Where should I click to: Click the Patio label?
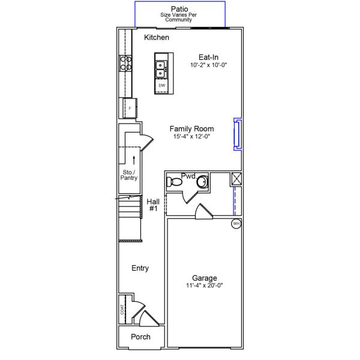[x=179, y=9]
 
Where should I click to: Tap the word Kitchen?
[x=157, y=37]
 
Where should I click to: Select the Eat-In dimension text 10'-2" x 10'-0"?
[x=208, y=65]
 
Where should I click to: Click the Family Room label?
[x=192, y=128]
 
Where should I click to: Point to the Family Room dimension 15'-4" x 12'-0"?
[x=192, y=136]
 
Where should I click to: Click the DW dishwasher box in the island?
[x=161, y=86]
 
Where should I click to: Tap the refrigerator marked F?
[x=130, y=108]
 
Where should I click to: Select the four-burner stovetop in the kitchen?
[x=125, y=63]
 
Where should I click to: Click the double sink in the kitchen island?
[x=160, y=70]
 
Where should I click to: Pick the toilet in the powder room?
[x=174, y=182]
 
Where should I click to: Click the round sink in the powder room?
[x=202, y=182]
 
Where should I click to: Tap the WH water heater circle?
[x=236, y=224]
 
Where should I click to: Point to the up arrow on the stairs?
[x=134, y=160]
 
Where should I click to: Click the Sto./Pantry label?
[x=129, y=175]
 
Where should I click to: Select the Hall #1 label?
[x=153, y=205]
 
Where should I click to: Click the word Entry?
[x=140, y=268]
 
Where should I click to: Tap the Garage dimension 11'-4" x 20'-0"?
[x=205, y=286]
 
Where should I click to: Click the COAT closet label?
[x=122, y=310]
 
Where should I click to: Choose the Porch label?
[x=140, y=337]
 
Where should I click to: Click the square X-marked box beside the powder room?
[x=236, y=179]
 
